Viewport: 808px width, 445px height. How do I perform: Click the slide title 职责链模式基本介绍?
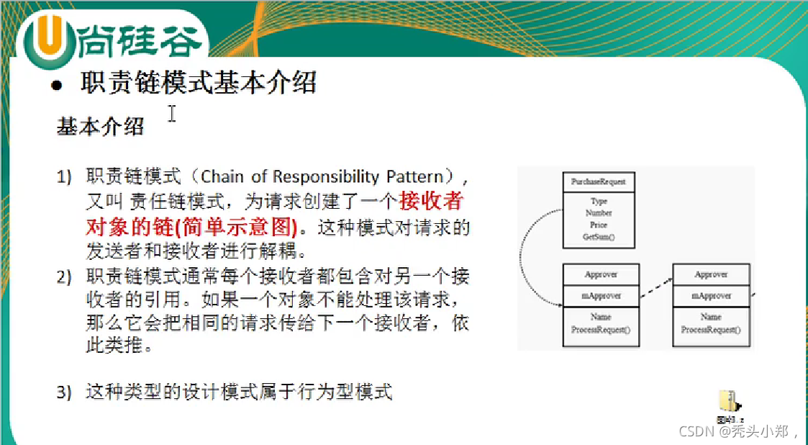[x=198, y=82]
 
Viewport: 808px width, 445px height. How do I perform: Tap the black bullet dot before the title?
[x=57, y=85]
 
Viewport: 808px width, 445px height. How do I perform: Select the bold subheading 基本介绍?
[x=100, y=126]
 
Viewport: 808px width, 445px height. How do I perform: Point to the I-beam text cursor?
[x=172, y=114]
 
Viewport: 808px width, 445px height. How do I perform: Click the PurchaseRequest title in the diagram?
[x=598, y=182]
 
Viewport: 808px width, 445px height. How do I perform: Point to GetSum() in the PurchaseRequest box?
[x=598, y=236]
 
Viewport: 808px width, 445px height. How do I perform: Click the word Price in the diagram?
[x=598, y=225]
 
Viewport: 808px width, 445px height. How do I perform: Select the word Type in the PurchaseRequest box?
[x=598, y=202]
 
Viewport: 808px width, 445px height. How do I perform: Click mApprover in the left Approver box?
[x=601, y=295]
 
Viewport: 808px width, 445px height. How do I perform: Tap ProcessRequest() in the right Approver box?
[x=711, y=329]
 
